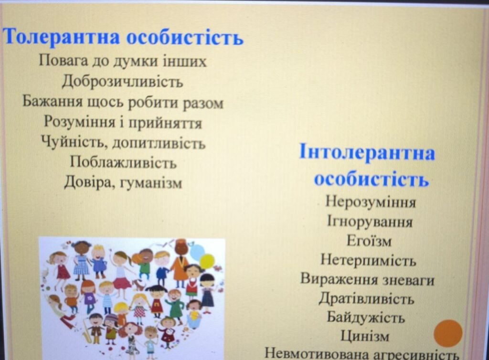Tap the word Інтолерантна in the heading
pos(367,152)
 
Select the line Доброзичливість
pos(122,82)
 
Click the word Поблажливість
pos(123,162)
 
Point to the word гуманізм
pos(151,183)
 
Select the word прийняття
pos(165,123)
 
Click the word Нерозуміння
pos(371,201)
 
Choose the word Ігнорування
pos(370,222)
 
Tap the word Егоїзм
pos(369,241)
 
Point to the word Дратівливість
pos(366,298)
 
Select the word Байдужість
pos(366,318)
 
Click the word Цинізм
pos(365,336)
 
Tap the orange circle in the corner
pos(448,333)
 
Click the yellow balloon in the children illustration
pos(207,261)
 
